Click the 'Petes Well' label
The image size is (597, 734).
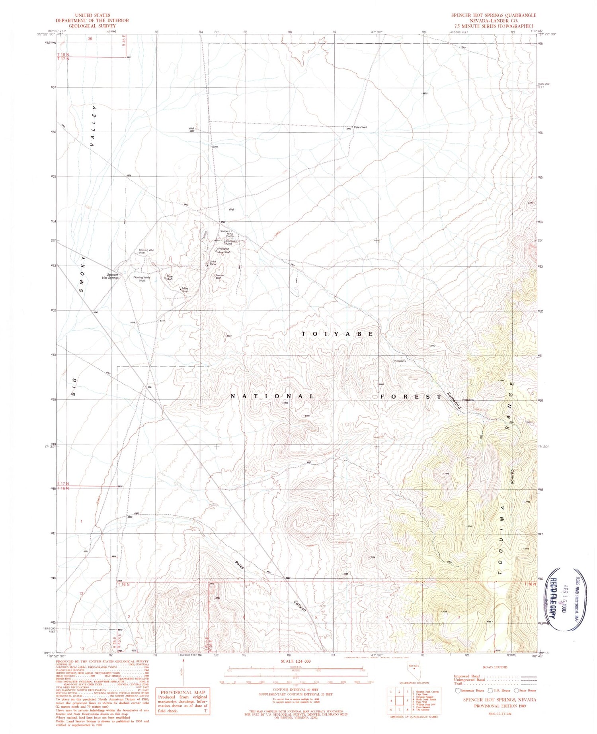360,127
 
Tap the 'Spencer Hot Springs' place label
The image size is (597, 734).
110,276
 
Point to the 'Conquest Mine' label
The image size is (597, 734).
232,242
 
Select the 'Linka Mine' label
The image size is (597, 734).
213,263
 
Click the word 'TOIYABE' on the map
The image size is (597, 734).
337,334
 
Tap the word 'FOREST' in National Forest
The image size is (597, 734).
411,397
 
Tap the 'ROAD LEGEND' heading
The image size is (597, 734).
495,667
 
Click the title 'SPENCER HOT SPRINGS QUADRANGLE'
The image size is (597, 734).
494,15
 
